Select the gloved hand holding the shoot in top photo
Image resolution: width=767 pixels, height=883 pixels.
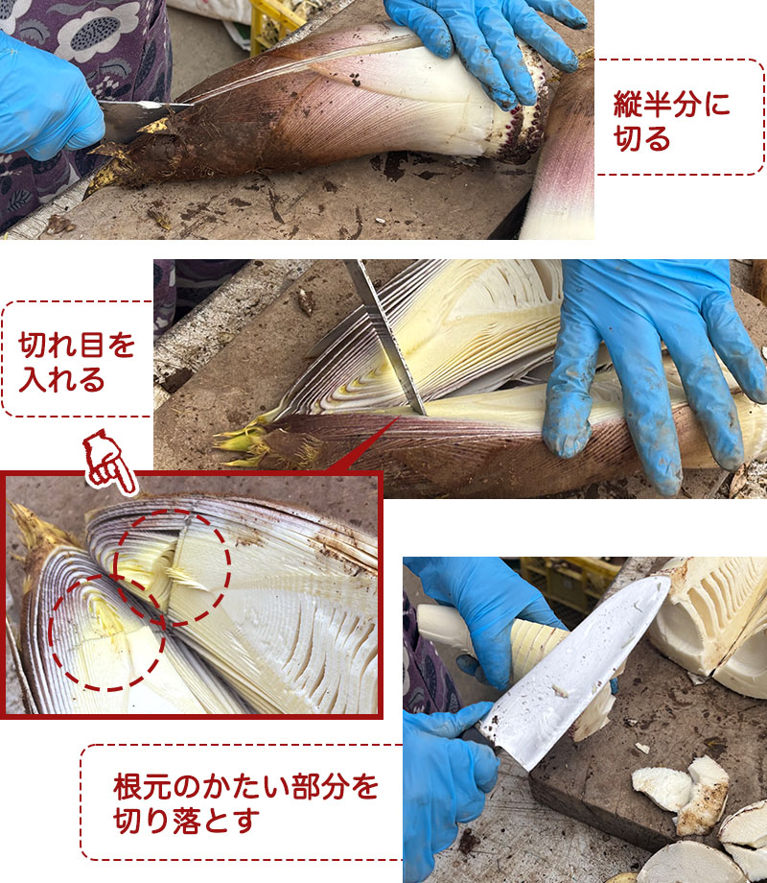click(x=479, y=43)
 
